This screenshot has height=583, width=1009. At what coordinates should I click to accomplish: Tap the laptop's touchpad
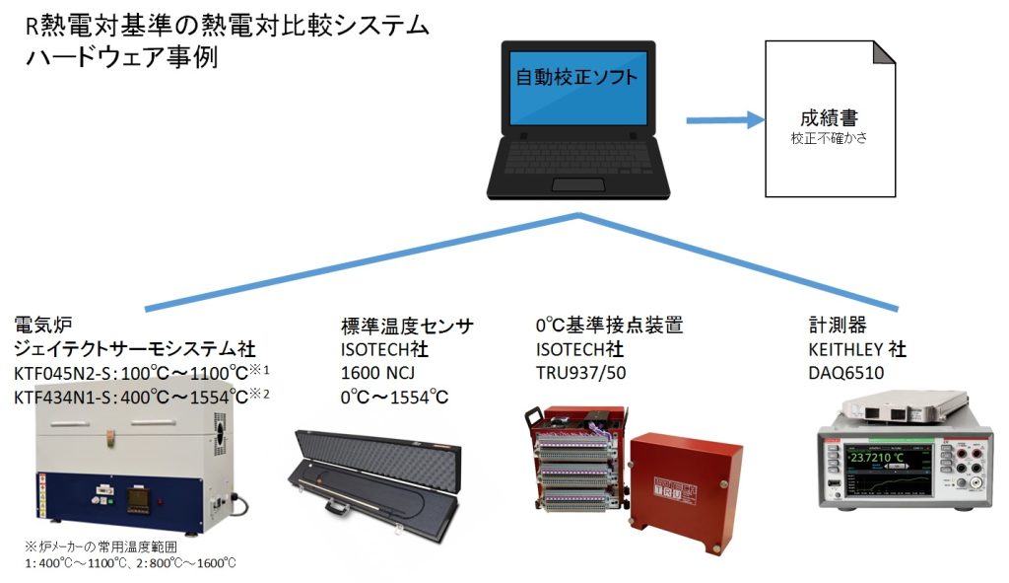click(578, 185)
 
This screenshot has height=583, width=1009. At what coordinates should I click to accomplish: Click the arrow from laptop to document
click(725, 120)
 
